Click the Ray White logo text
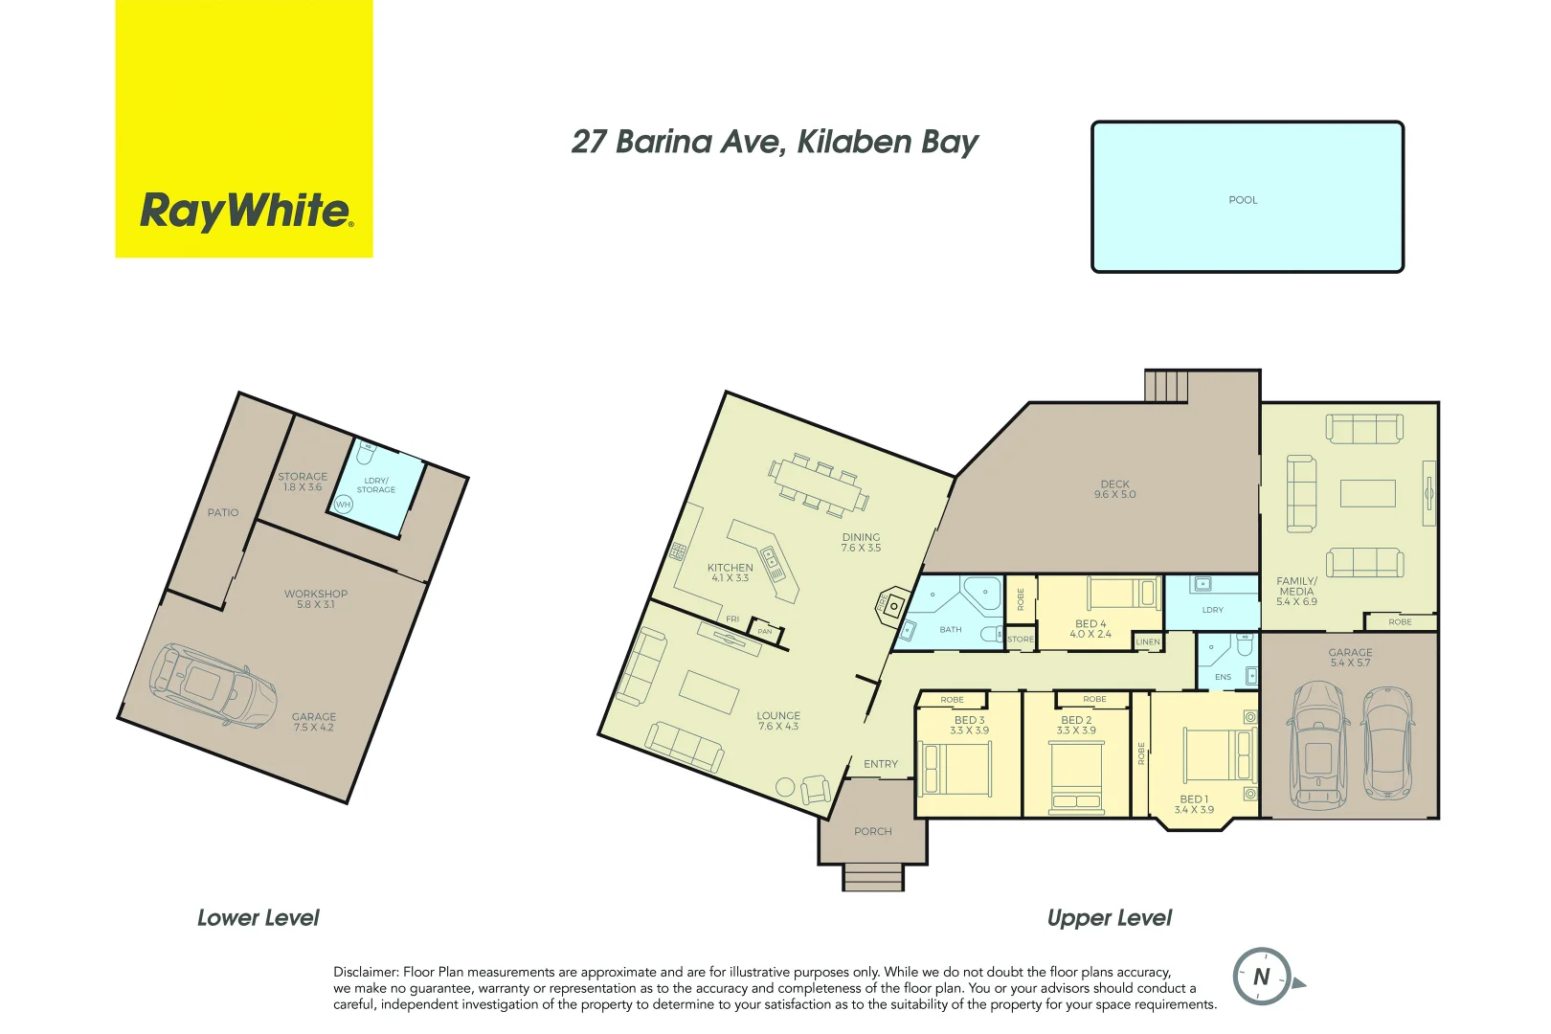[246, 210]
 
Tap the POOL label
[1243, 200]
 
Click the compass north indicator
[1262, 977]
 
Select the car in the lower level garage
[213, 684]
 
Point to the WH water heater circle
[343, 505]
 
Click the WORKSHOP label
[316, 594]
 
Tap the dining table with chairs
[819, 484]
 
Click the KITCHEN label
[731, 568]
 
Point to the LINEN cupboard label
[1148, 641]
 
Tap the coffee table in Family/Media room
[1367, 493]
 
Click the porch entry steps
[872, 877]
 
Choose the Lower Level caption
[258, 918]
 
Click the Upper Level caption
[1109, 918]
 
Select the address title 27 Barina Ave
[774, 142]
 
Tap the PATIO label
[223, 513]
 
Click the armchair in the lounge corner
[815, 789]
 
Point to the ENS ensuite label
[1223, 677]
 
